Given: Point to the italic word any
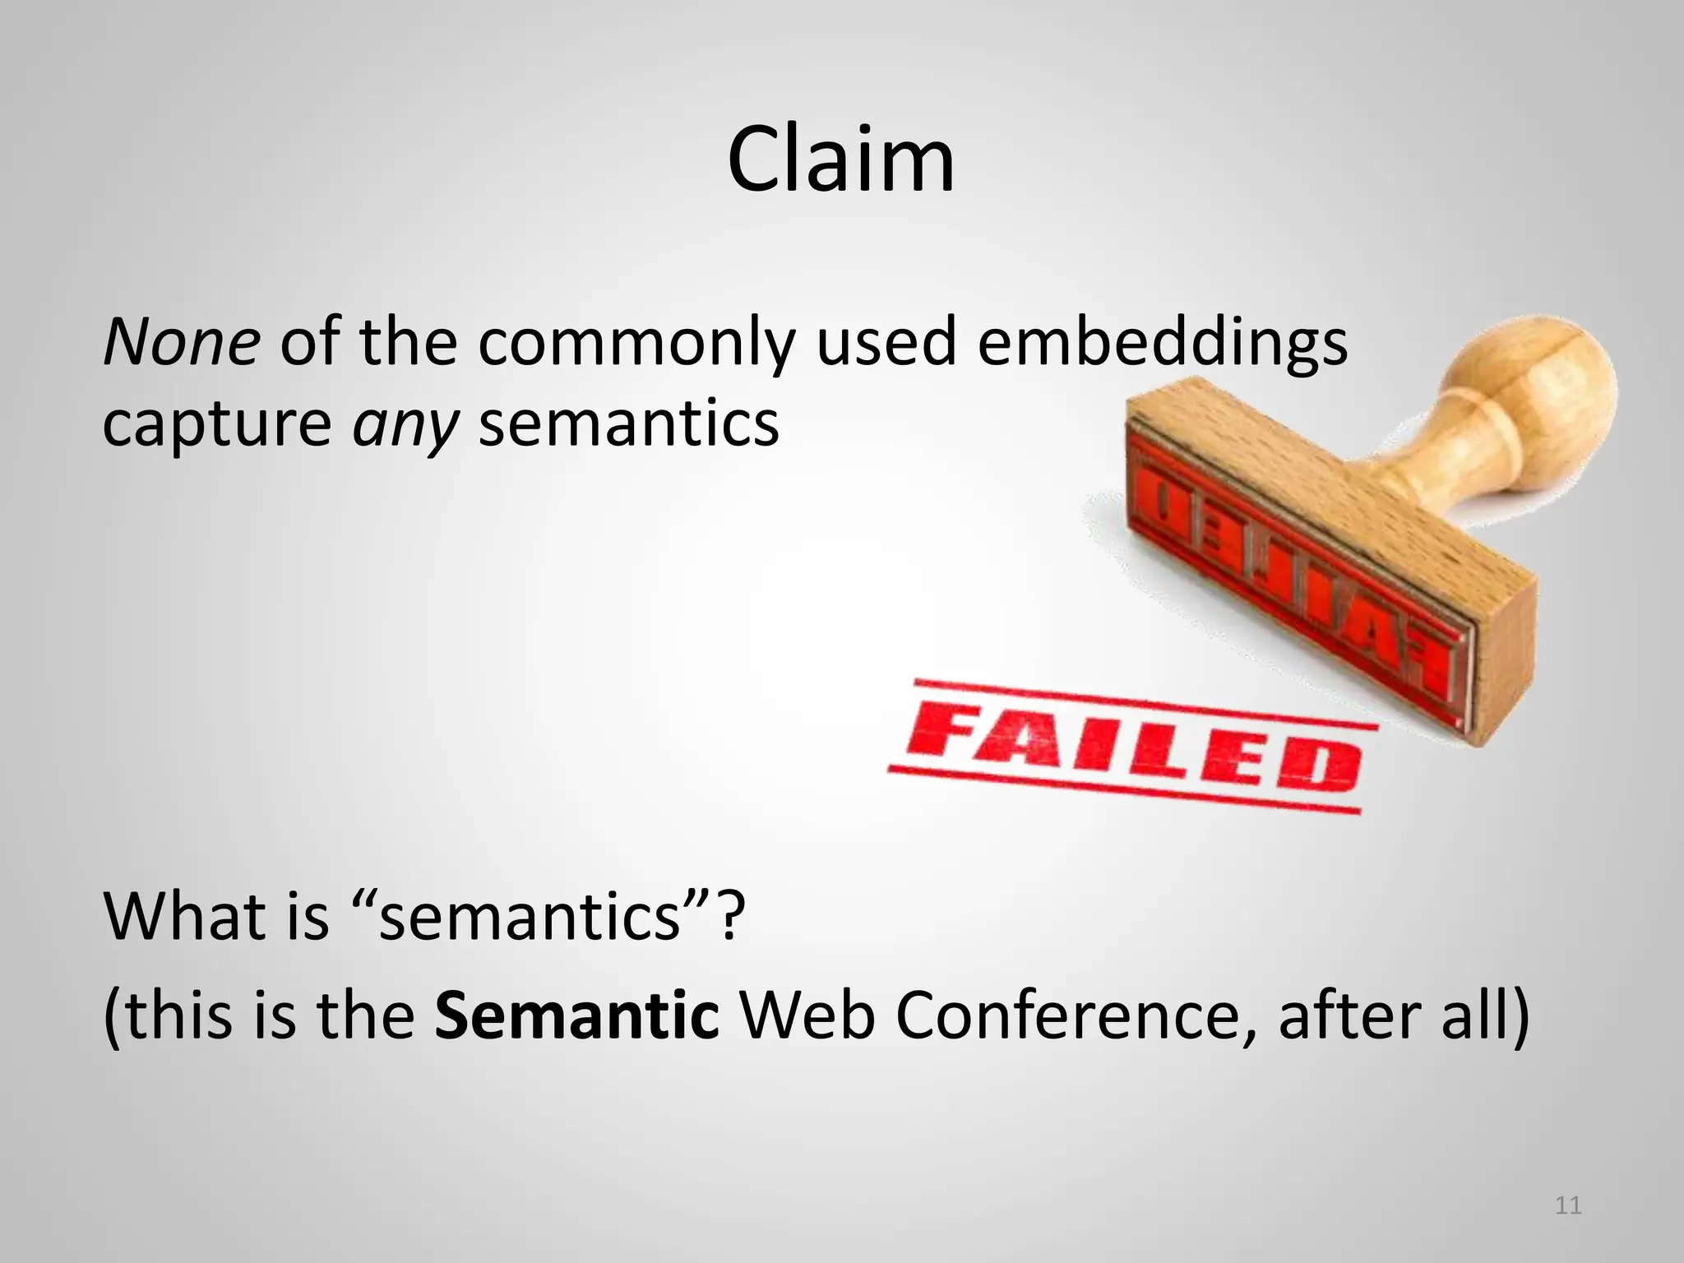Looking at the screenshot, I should point(404,424).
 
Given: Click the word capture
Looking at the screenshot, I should point(216,424).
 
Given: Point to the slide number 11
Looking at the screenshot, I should point(1568,1206).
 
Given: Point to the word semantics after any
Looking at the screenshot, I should point(628,424).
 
